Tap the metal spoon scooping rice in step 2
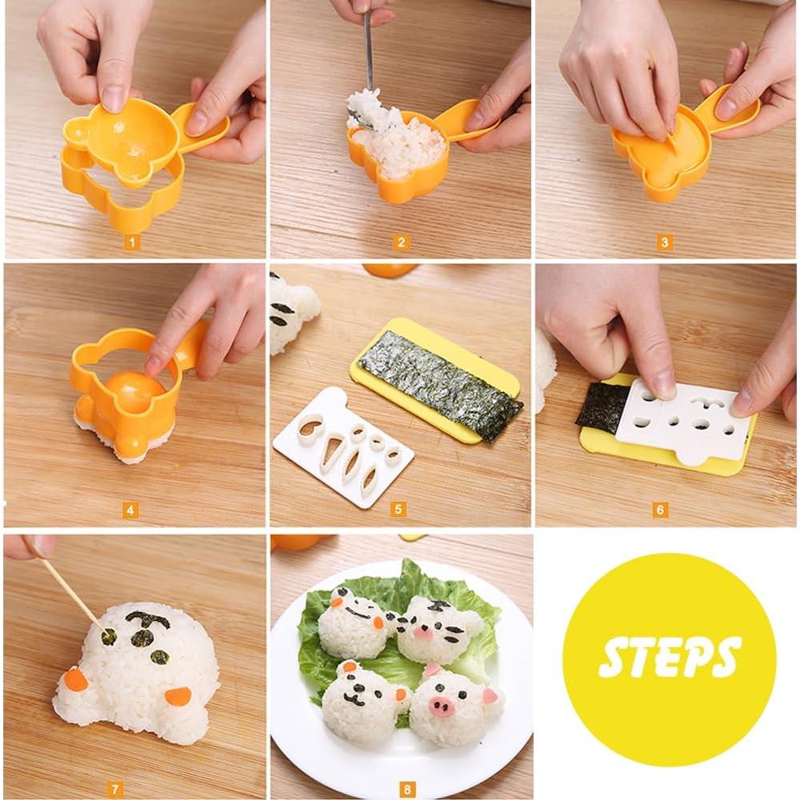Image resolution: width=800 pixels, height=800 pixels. [x=368, y=56]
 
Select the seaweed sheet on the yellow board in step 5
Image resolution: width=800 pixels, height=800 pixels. [x=440, y=384]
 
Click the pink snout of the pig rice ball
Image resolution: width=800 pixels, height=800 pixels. [x=441, y=704]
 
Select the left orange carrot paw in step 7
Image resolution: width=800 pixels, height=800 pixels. [x=76, y=679]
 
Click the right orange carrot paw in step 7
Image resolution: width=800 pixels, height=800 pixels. [x=178, y=696]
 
